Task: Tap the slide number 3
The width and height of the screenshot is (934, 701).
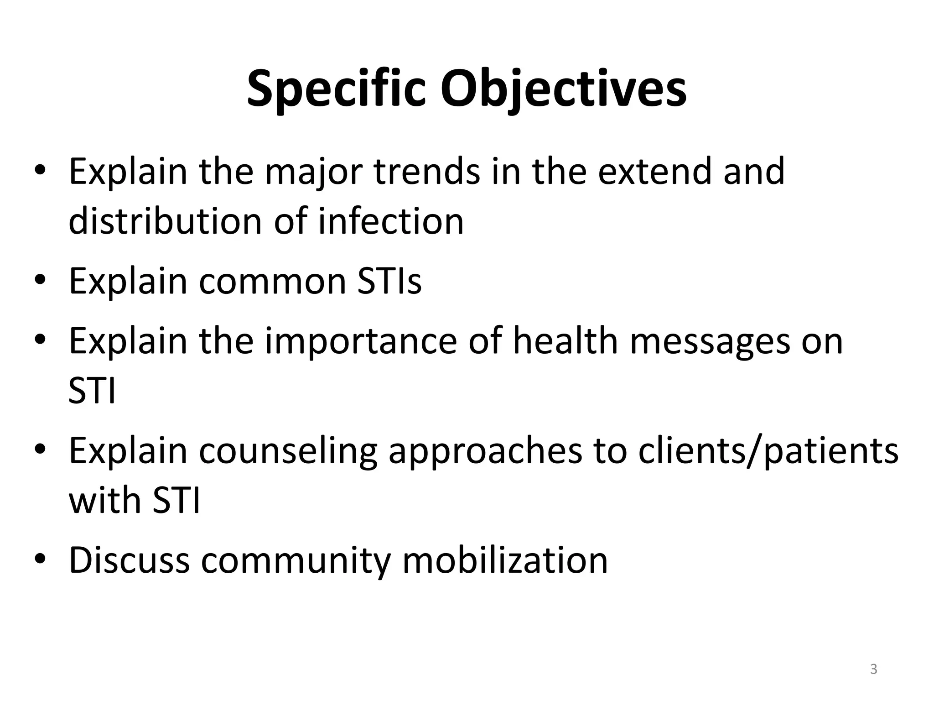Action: (x=873, y=669)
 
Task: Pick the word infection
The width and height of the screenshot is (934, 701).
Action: (x=391, y=221)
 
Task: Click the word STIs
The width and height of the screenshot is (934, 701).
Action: (x=389, y=281)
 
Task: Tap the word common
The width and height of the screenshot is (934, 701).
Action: (x=272, y=281)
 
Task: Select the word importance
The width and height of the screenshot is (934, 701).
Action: (x=361, y=341)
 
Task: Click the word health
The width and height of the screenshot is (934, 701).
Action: (x=565, y=341)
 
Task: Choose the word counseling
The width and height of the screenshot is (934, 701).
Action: (x=288, y=451)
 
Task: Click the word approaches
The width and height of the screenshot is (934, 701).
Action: (x=485, y=451)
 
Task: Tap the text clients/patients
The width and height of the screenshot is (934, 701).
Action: (x=768, y=451)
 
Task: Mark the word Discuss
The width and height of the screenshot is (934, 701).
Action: (x=129, y=560)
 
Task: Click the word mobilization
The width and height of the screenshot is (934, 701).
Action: (x=505, y=560)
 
